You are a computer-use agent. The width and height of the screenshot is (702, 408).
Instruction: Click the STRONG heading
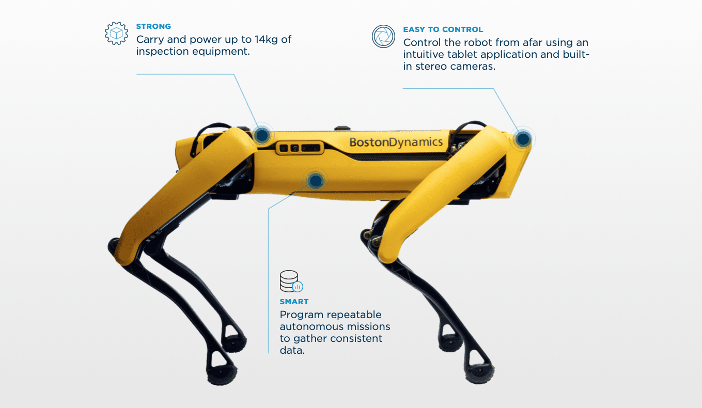point(153,26)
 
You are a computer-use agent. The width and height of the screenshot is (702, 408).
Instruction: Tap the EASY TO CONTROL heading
point(443,29)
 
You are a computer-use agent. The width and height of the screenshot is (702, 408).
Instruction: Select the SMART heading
point(294,302)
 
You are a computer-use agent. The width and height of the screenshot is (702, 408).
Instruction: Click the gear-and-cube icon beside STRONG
point(116,33)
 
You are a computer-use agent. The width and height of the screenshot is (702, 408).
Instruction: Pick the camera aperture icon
point(383,36)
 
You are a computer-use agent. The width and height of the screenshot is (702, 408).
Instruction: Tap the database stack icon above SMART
point(291,281)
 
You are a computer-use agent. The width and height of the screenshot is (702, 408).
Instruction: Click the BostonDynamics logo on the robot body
point(396,142)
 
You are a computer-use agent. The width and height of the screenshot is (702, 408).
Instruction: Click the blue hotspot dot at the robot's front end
point(523,138)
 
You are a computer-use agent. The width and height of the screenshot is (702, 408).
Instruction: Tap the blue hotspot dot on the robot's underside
point(316,181)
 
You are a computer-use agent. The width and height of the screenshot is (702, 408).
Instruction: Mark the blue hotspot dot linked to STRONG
point(262,135)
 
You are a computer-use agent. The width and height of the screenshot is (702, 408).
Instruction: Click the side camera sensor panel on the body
point(300,148)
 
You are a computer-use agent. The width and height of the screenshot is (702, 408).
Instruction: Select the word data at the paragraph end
point(292,350)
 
